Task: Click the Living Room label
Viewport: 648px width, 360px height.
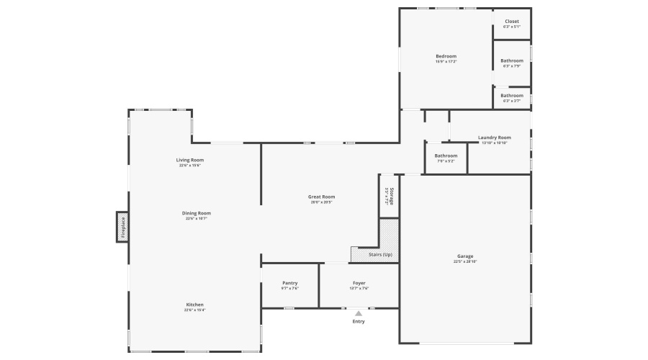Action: point(190,160)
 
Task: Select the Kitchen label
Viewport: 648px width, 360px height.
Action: point(194,305)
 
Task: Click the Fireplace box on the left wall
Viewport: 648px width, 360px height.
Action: point(122,227)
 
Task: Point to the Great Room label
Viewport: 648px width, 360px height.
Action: point(322,197)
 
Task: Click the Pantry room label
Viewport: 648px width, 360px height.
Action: point(289,283)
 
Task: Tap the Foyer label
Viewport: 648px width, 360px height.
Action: point(359,283)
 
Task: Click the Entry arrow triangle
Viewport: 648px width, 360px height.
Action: point(359,313)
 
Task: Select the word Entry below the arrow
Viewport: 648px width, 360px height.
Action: point(359,321)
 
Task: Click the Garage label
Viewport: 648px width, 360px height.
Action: point(465,256)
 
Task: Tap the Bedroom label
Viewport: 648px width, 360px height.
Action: point(446,56)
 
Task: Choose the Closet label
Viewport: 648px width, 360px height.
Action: point(512,22)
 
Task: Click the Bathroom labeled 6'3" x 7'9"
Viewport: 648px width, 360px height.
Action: point(512,60)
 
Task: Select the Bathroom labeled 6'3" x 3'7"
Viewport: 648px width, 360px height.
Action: point(512,95)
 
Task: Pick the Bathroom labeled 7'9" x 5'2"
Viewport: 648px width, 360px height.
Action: point(446,156)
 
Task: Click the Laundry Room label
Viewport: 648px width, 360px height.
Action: point(494,138)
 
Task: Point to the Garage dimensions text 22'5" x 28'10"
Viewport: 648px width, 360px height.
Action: point(465,261)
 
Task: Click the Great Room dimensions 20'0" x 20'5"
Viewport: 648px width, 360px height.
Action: point(322,202)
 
